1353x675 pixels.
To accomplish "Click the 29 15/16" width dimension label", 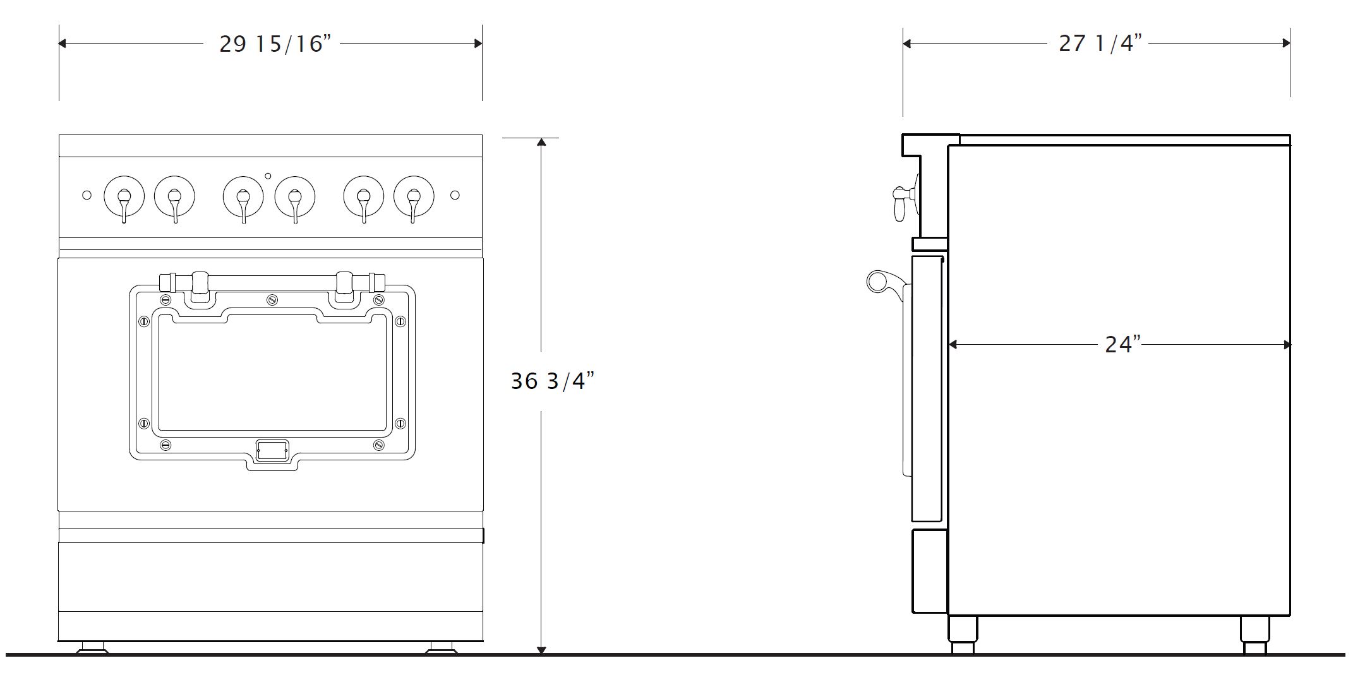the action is click(275, 44).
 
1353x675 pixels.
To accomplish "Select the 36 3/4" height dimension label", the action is click(552, 381).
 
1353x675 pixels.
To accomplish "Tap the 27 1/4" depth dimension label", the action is click(1100, 43).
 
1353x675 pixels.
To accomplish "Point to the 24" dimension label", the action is click(1122, 344).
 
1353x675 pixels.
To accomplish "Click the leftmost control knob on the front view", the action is click(124, 196).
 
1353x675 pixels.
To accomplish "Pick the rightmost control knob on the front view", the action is click(414, 196).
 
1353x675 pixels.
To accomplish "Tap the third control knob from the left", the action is click(243, 196).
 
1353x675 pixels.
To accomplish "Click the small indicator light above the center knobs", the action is click(268, 176).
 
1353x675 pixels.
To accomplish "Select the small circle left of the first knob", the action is click(87, 195).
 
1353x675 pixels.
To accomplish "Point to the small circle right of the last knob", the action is click(455, 195).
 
